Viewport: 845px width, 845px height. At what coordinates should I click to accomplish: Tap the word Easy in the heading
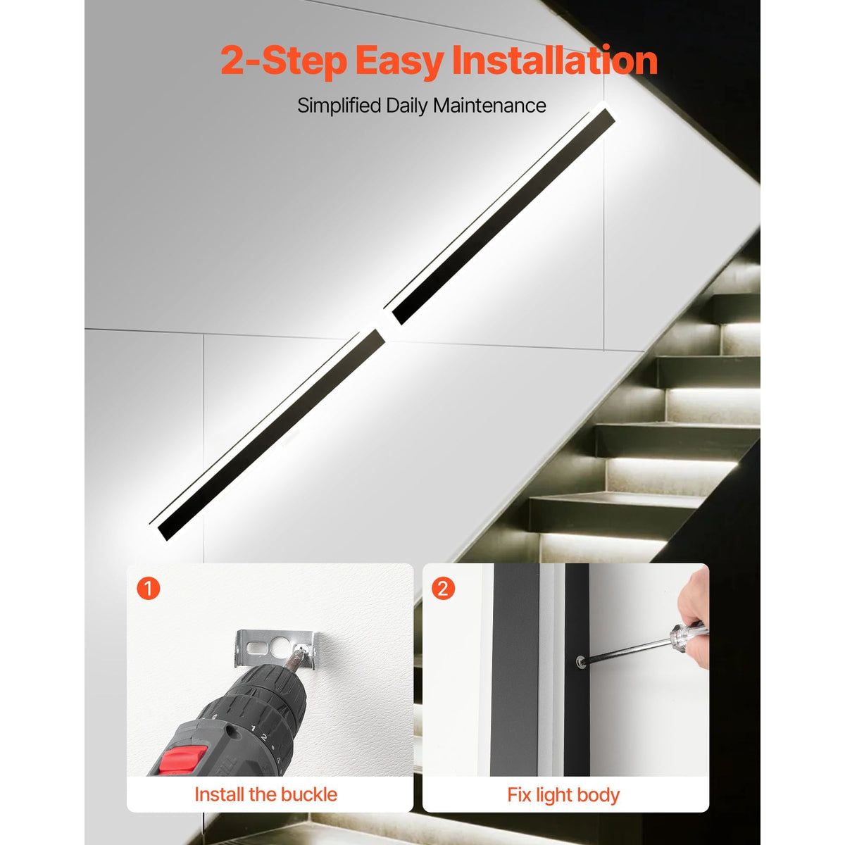pos(398,62)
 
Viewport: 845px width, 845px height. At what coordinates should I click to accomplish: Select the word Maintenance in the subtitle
pos(489,106)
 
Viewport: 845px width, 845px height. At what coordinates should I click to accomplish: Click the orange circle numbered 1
pos(148,589)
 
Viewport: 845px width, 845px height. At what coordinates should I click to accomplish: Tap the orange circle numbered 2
pos(443,589)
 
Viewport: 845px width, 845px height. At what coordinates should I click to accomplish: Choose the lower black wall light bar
pos(268,434)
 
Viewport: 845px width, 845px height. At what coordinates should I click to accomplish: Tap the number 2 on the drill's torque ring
pos(263,737)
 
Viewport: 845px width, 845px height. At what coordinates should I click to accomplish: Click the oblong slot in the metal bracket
pos(256,649)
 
